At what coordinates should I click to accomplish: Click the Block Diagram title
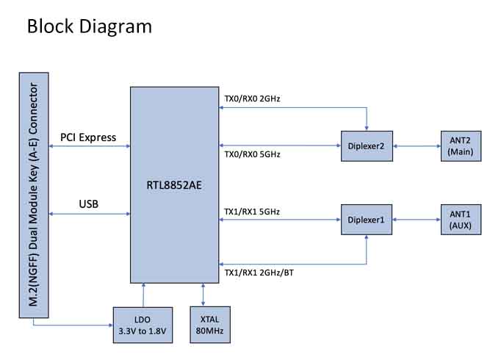pos(89,26)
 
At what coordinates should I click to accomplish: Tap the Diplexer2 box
pos(367,145)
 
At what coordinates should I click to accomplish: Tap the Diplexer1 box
pos(367,219)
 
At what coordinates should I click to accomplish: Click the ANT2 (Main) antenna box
pos(461,145)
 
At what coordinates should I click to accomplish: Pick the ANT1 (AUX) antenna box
pos(461,219)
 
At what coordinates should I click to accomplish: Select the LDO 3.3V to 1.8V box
pos(143,325)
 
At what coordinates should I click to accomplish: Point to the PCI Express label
pos(88,137)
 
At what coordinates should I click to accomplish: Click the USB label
pos(88,204)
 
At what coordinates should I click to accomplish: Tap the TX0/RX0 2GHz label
pos(252,98)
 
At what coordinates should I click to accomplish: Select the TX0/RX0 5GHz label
pos(252,154)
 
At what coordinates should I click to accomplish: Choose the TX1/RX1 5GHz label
pos(252,212)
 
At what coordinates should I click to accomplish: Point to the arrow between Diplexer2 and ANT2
pos(417,145)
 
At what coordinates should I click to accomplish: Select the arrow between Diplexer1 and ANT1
pos(417,219)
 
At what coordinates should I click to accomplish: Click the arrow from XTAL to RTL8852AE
pos(203,295)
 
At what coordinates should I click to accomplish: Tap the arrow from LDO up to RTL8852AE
pos(143,295)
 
